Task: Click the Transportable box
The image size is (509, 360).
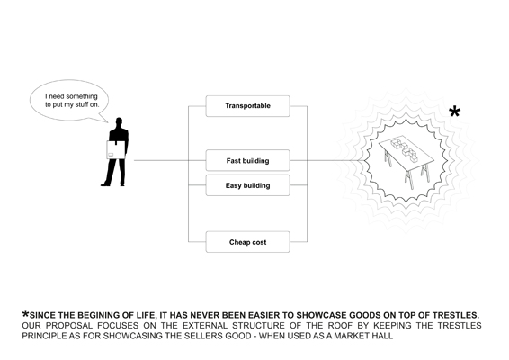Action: pyautogui.click(x=247, y=106)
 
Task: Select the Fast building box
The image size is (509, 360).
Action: pyautogui.click(x=247, y=160)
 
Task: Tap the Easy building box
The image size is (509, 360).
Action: pyautogui.click(x=247, y=185)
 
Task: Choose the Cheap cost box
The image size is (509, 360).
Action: pyautogui.click(x=247, y=242)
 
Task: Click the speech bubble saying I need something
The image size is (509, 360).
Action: pyautogui.click(x=69, y=101)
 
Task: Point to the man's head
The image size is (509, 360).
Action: pyautogui.click(x=119, y=122)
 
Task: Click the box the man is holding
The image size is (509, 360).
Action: pyautogui.click(x=116, y=150)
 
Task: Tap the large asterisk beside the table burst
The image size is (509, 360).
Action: pyautogui.click(x=454, y=112)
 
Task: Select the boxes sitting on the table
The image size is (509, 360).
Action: pyautogui.click(x=404, y=149)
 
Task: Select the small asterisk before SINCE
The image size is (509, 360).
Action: pyautogui.click(x=25, y=314)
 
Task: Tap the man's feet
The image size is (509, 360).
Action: pyautogui.click(x=112, y=184)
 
